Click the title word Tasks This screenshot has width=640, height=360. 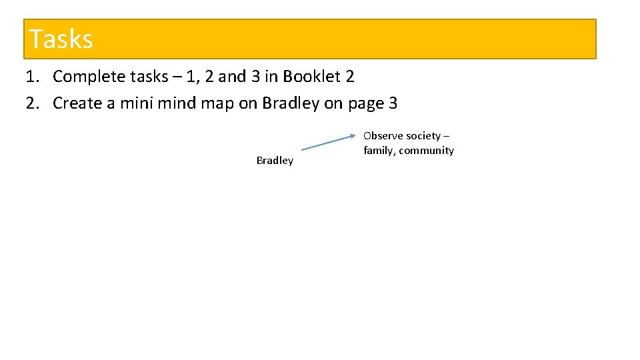[61, 39]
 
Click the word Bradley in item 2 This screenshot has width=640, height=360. [291, 103]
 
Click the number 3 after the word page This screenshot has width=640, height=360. [393, 103]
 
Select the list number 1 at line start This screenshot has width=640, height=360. [31, 77]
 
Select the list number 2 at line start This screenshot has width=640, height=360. [31, 103]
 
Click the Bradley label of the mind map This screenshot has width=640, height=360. [275, 161]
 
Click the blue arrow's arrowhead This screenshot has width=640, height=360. [353, 136]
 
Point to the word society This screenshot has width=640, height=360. [423, 136]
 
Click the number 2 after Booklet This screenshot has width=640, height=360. [350, 77]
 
